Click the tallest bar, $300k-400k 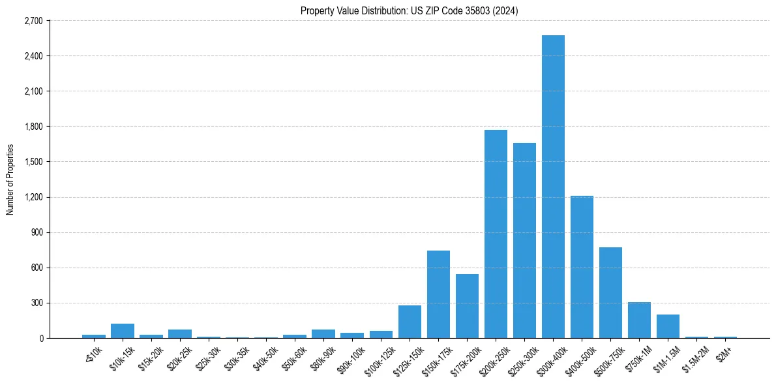tap(553, 187)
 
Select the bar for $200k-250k tap(496, 234)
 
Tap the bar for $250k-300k tap(524, 240)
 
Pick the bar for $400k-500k tap(582, 267)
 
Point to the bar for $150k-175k tap(438, 294)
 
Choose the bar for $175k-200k tap(467, 306)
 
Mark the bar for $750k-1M tap(639, 320)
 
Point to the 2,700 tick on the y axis tap(33, 21)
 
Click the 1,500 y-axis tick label tap(33, 162)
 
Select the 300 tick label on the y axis tap(37, 303)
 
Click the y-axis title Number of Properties tap(10, 179)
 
